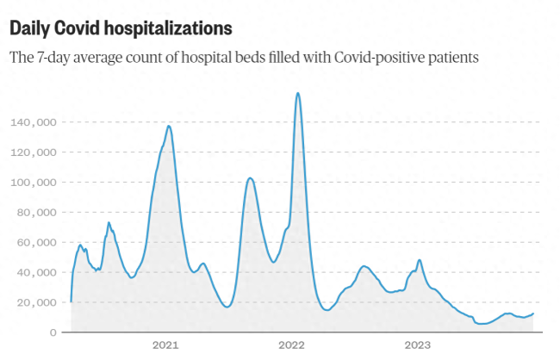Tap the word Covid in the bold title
coord(76,28)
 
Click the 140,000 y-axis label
coord(34,122)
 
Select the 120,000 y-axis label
coord(34,152)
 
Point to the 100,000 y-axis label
coord(34,183)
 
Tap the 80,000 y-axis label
coord(37,212)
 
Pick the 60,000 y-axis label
coord(37,242)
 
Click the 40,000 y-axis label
coord(37,272)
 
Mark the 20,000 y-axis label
coord(37,302)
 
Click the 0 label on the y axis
coord(53,332)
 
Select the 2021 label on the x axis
coord(165,345)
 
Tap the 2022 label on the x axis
coord(291,345)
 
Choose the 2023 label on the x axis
coord(418,345)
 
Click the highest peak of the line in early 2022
coord(298,93)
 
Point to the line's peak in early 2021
coord(169,126)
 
